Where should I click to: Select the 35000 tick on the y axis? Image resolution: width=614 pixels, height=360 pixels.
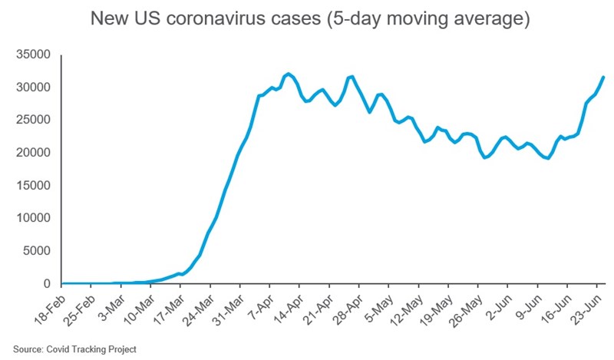coord(34,55)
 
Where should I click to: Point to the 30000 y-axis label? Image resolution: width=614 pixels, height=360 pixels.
coord(34,88)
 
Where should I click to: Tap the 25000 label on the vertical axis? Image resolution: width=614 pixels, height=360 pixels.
coord(34,121)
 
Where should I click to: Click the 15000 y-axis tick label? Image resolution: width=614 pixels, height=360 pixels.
coord(34,186)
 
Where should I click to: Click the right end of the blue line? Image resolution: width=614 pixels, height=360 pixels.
coord(603,77)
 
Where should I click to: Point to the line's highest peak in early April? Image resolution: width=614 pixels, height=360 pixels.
coord(288,74)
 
